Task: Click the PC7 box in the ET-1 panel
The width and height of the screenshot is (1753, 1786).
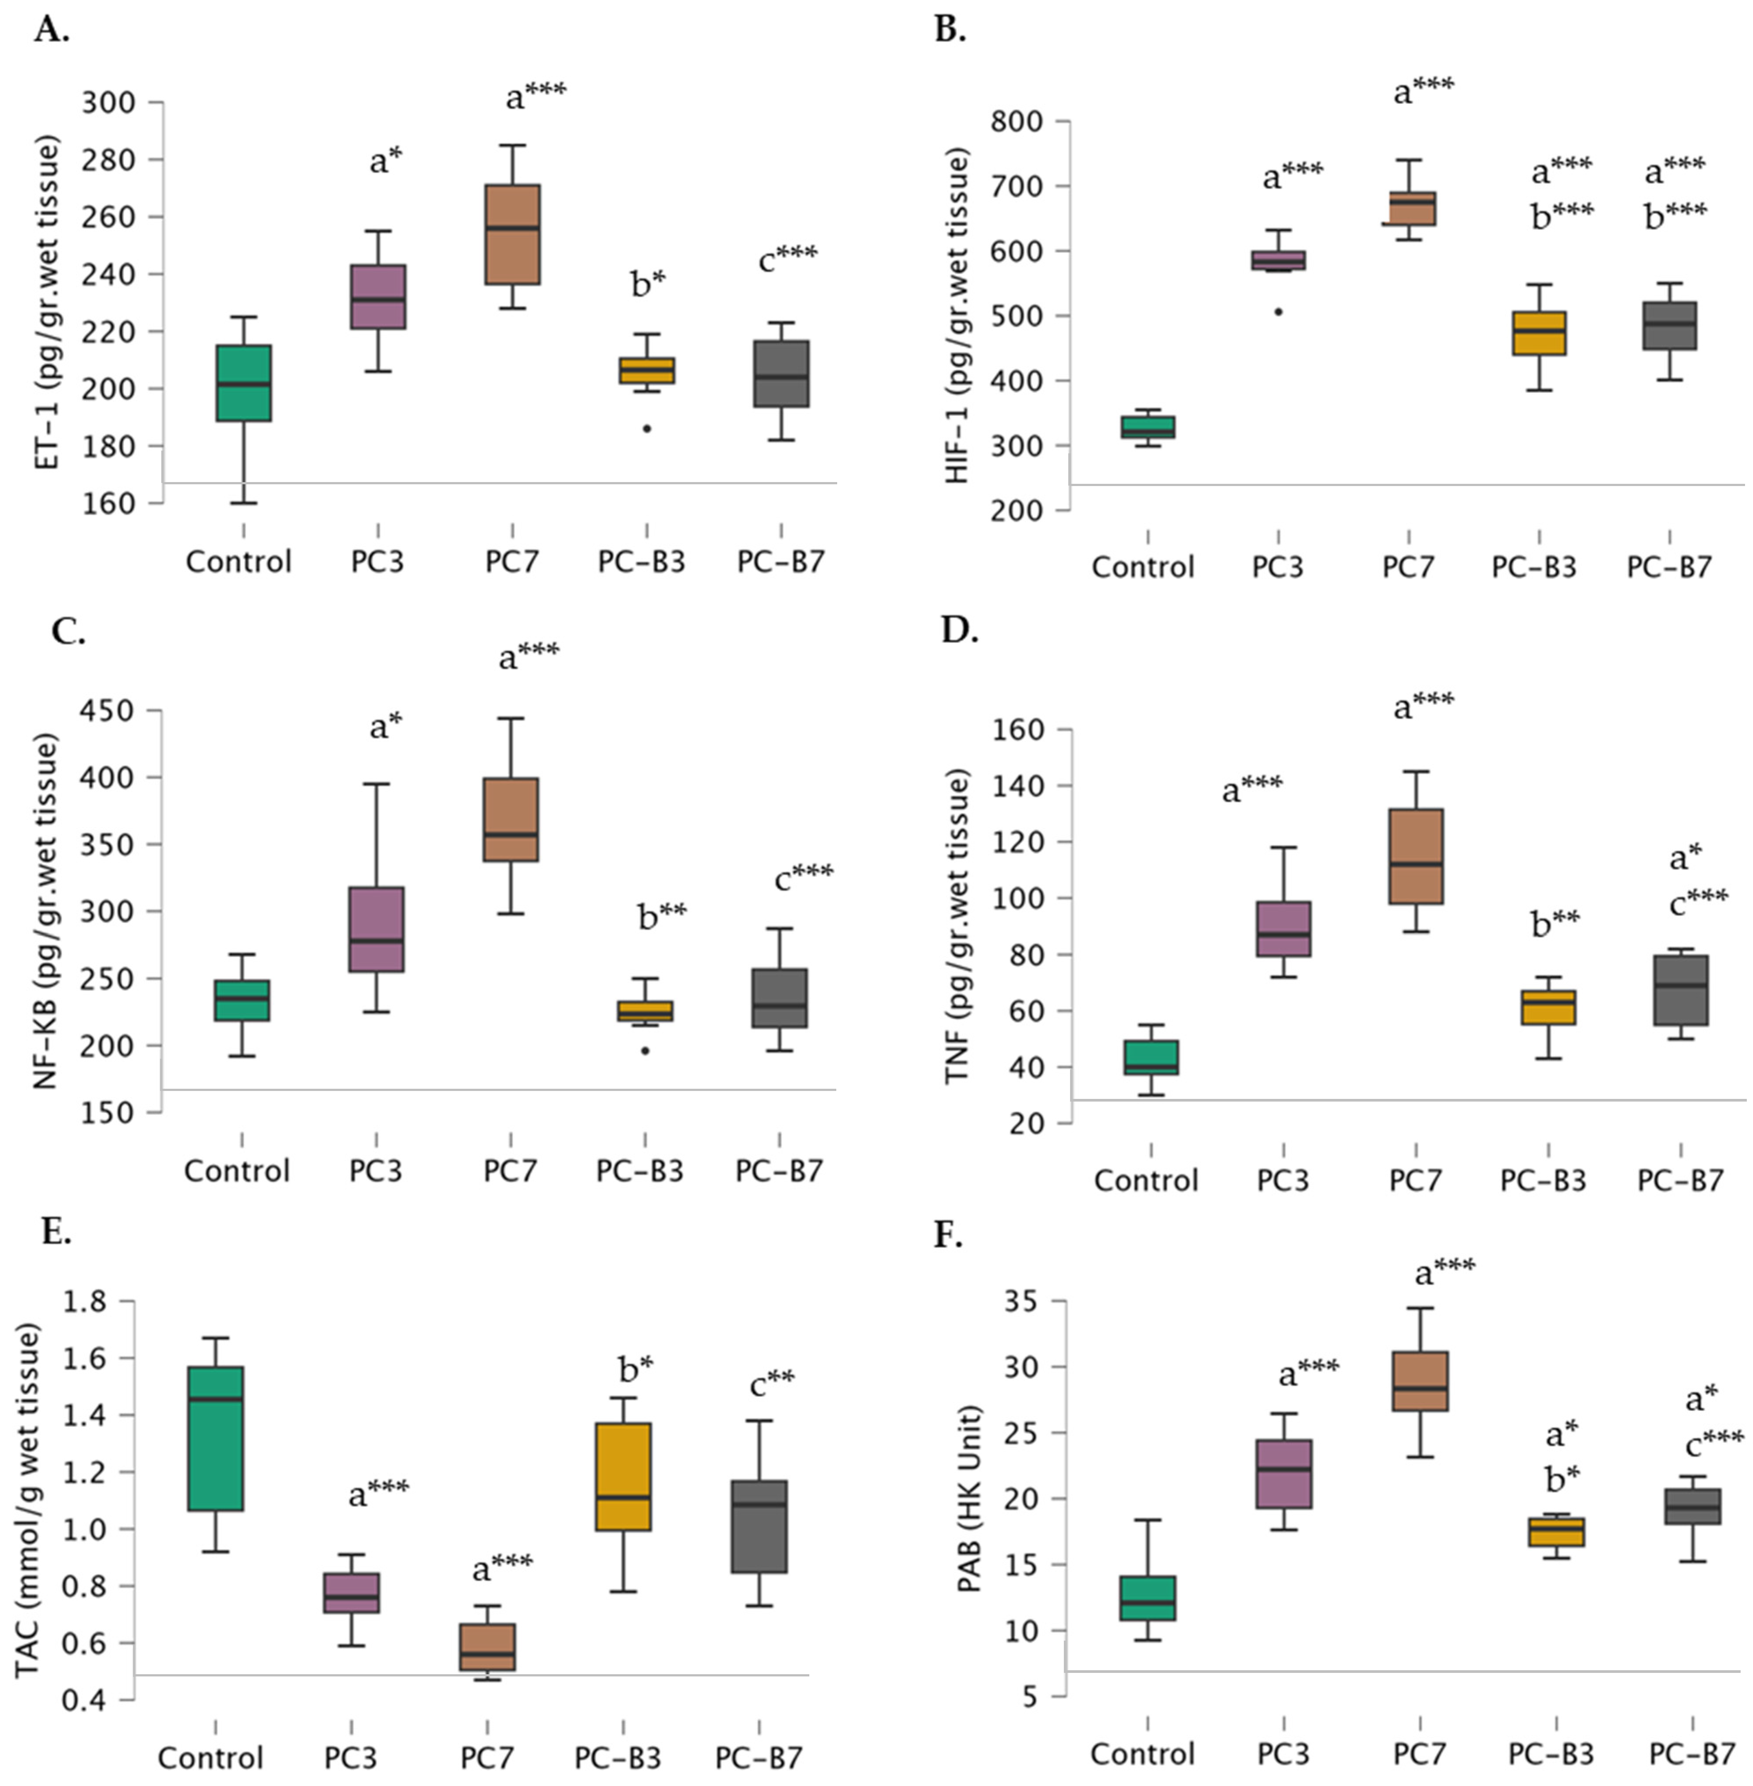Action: [512, 235]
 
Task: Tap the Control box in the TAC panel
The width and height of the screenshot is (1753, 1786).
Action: [215, 1438]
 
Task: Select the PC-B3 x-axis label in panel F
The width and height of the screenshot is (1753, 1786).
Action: [1551, 1754]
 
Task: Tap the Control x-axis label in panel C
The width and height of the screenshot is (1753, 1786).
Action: [236, 1171]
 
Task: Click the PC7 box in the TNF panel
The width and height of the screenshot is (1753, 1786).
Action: [1416, 856]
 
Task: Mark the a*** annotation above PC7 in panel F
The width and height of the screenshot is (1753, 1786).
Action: [1444, 1272]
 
